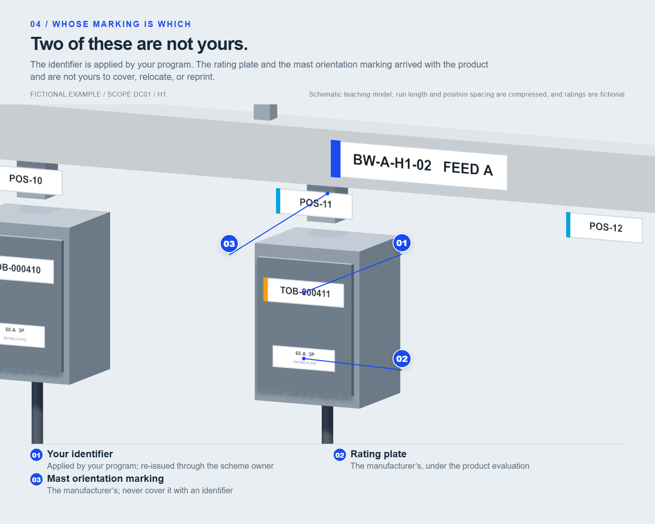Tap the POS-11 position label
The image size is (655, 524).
(x=314, y=203)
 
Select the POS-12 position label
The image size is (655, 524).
(x=604, y=227)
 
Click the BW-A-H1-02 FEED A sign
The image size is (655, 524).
(x=419, y=165)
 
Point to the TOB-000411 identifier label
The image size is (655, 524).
(x=304, y=292)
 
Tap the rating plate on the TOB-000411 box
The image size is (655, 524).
(x=304, y=358)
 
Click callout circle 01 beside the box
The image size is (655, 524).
(x=402, y=243)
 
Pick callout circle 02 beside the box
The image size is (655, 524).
(x=402, y=359)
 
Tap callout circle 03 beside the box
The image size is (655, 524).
(x=229, y=244)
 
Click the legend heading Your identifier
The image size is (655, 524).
(x=80, y=454)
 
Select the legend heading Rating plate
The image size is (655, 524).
(x=378, y=454)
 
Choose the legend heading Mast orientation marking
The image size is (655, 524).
(x=105, y=479)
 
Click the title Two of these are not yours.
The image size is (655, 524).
(x=139, y=44)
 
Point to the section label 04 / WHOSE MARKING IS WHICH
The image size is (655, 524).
(x=111, y=24)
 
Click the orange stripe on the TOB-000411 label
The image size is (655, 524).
(x=265, y=289)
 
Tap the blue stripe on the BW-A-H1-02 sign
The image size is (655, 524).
(x=335, y=158)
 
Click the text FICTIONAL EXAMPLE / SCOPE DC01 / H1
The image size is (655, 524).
(x=98, y=95)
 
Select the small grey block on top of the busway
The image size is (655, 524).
(x=265, y=112)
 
